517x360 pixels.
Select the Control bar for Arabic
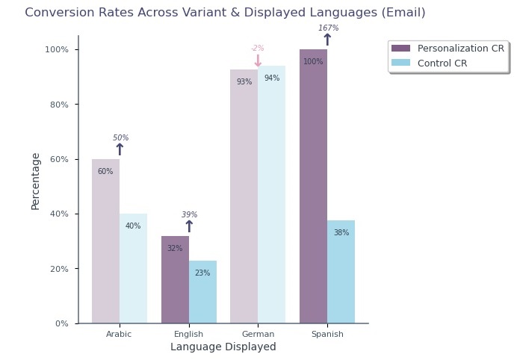[133, 269]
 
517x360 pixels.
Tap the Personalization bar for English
[175, 280]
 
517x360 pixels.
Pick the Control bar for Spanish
[341, 272]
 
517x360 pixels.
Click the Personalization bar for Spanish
[313, 187]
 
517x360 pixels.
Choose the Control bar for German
[271, 194]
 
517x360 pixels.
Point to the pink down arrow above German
[258, 61]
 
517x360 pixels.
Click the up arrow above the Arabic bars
[120, 150]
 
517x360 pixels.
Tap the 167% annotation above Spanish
[328, 28]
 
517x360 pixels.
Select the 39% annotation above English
[189, 215]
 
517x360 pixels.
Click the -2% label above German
[258, 49]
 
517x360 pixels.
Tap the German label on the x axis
[258, 335]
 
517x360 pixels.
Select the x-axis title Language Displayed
[223, 347]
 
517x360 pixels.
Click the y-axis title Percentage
[35, 181]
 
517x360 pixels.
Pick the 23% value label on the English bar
[202, 273]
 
